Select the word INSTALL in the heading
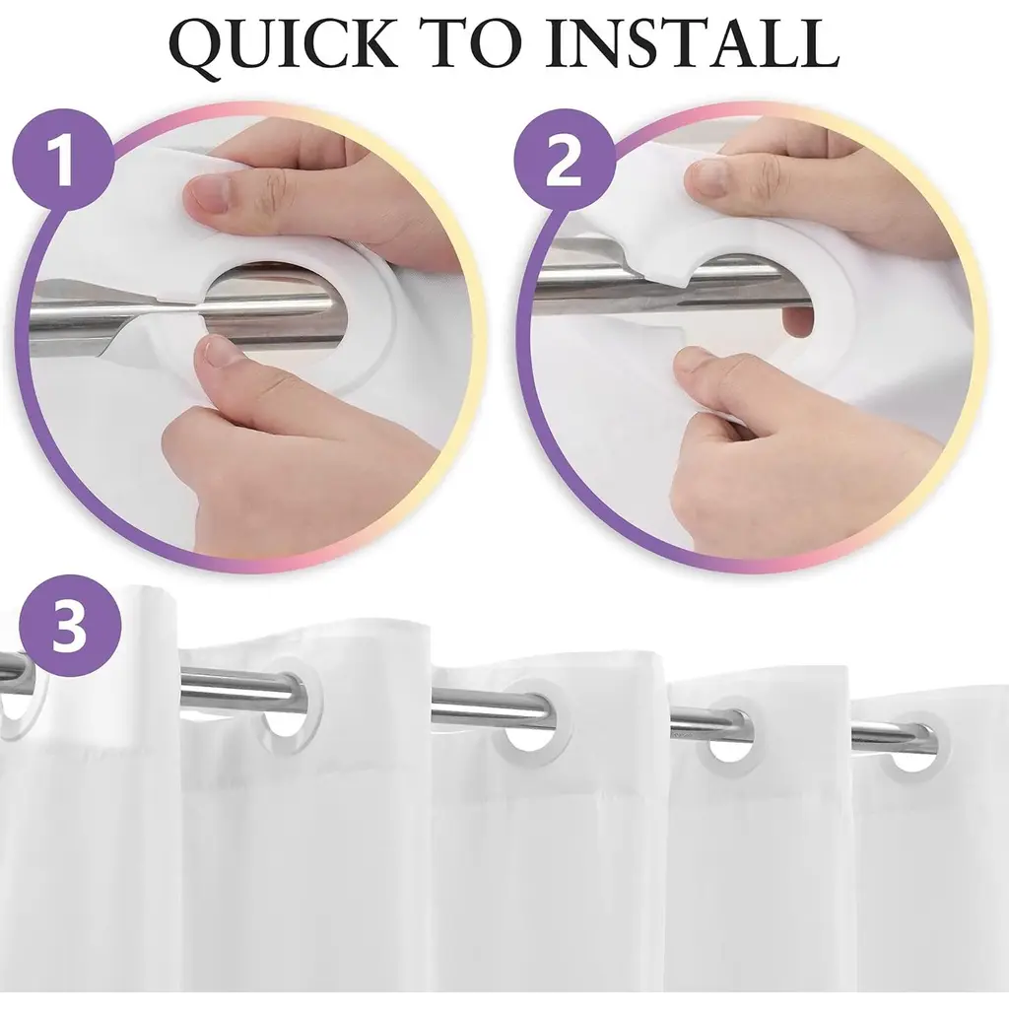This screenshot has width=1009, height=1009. [x=693, y=43]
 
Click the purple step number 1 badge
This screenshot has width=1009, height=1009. [x=62, y=159]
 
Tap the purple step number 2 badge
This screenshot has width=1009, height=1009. [x=564, y=159]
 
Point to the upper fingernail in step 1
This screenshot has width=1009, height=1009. [x=209, y=194]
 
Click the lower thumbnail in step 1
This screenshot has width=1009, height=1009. [x=219, y=355]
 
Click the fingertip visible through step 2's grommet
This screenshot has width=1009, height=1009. [x=797, y=320]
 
